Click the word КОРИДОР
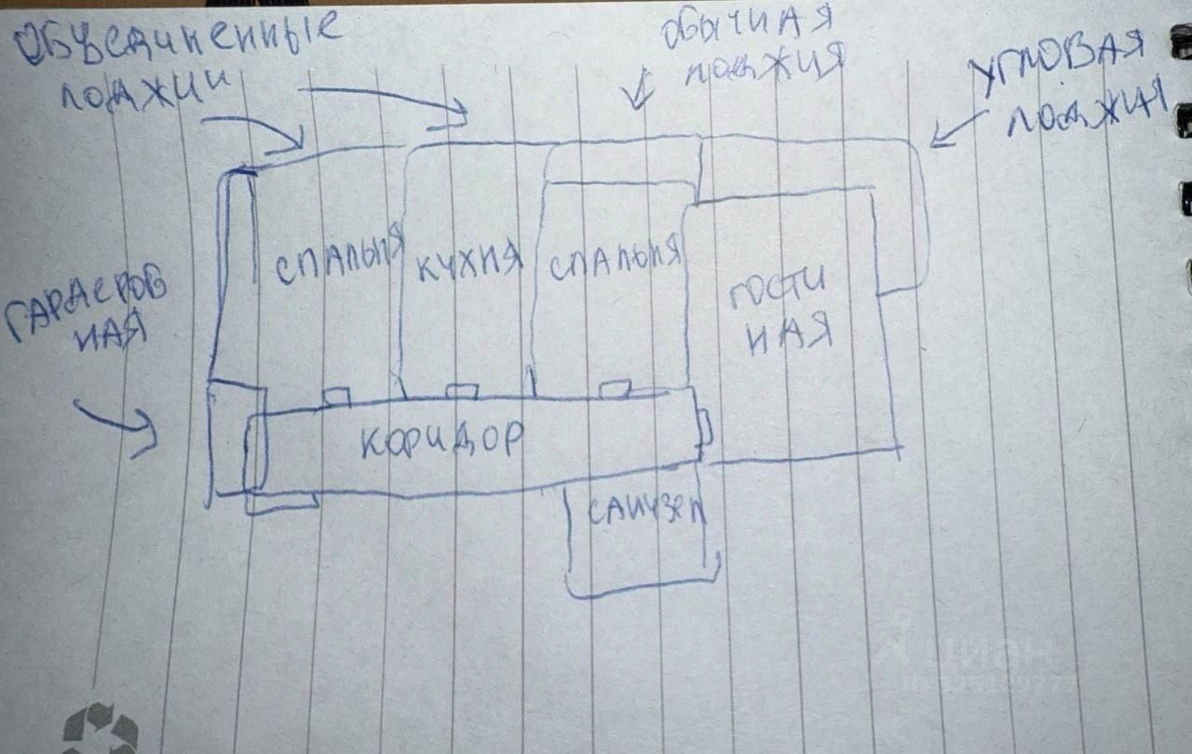coord(440,441)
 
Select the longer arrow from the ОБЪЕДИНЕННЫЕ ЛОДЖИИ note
coord(391,101)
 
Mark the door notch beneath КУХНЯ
coord(462,392)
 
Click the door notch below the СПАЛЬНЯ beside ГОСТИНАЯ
coord(615,388)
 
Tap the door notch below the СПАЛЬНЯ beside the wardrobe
coord(335,397)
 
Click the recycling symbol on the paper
coord(100,728)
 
